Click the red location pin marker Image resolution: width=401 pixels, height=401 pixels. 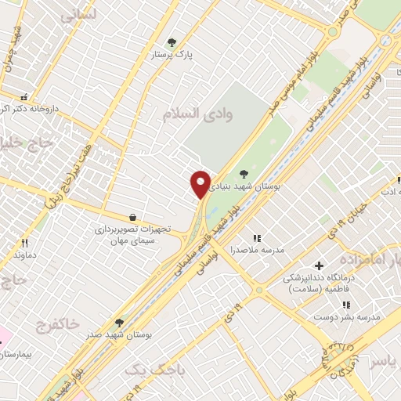point(200,184)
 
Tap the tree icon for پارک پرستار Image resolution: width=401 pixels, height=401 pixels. point(172,42)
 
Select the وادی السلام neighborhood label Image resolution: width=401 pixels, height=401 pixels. point(198,114)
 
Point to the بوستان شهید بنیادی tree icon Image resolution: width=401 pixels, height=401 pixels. point(244,174)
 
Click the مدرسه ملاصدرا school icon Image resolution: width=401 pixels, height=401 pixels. point(256,237)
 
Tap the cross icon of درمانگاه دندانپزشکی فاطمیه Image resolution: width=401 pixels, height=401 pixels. point(318,266)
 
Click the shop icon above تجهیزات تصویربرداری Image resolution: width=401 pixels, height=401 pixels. point(132,217)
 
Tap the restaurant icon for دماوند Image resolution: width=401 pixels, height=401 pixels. point(24,243)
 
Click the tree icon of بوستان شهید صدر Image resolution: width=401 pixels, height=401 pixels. point(119,322)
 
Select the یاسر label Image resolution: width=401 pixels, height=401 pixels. point(383,360)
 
